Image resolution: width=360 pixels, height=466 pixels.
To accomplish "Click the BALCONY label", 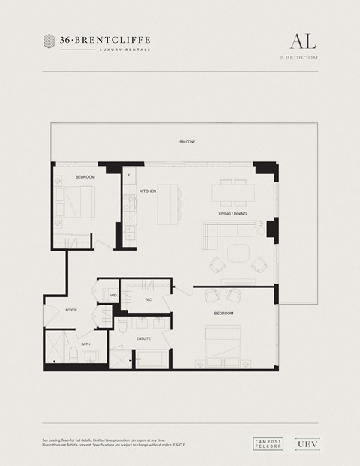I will click(x=187, y=142).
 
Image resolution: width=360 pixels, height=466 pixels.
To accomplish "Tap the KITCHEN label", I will click(x=147, y=191).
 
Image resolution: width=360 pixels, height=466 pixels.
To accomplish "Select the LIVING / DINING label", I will click(x=232, y=214).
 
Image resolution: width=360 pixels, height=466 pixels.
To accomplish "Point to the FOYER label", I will click(x=71, y=310).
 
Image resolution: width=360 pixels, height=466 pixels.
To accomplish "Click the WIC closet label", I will click(x=148, y=299).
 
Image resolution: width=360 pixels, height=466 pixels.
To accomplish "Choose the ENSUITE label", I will click(x=143, y=339).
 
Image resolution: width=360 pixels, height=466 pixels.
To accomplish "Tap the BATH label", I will click(x=85, y=344).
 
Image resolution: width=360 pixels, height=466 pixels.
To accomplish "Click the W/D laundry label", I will click(x=114, y=296).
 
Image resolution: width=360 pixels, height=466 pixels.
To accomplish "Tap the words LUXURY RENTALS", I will click(x=124, y=50).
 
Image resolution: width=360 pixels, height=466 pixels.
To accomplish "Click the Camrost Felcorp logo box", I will click(x=266, y=444).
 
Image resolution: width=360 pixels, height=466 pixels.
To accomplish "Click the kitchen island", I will click(x=170, y=203).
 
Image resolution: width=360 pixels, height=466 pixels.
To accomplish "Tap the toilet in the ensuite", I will click(x=122, y=326).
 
